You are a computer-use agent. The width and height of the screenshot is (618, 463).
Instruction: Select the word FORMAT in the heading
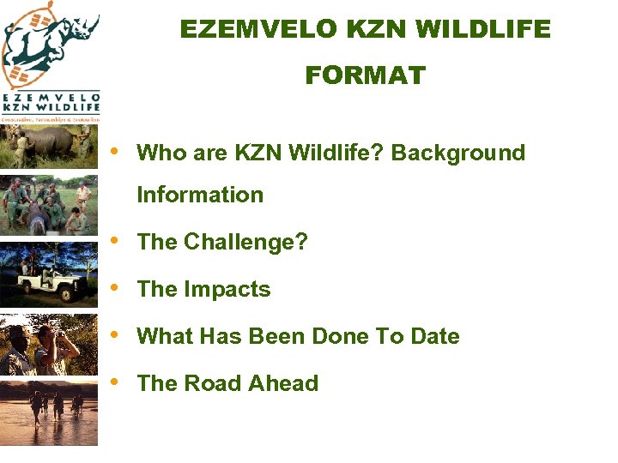click(x=365, y=76)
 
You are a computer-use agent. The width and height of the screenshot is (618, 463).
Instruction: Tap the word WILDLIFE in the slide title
click(x=484, y=29)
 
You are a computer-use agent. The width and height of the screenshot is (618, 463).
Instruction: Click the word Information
click(x=200, y=195)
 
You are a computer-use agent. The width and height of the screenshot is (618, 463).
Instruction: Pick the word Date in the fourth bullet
click(x=434, y=336)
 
